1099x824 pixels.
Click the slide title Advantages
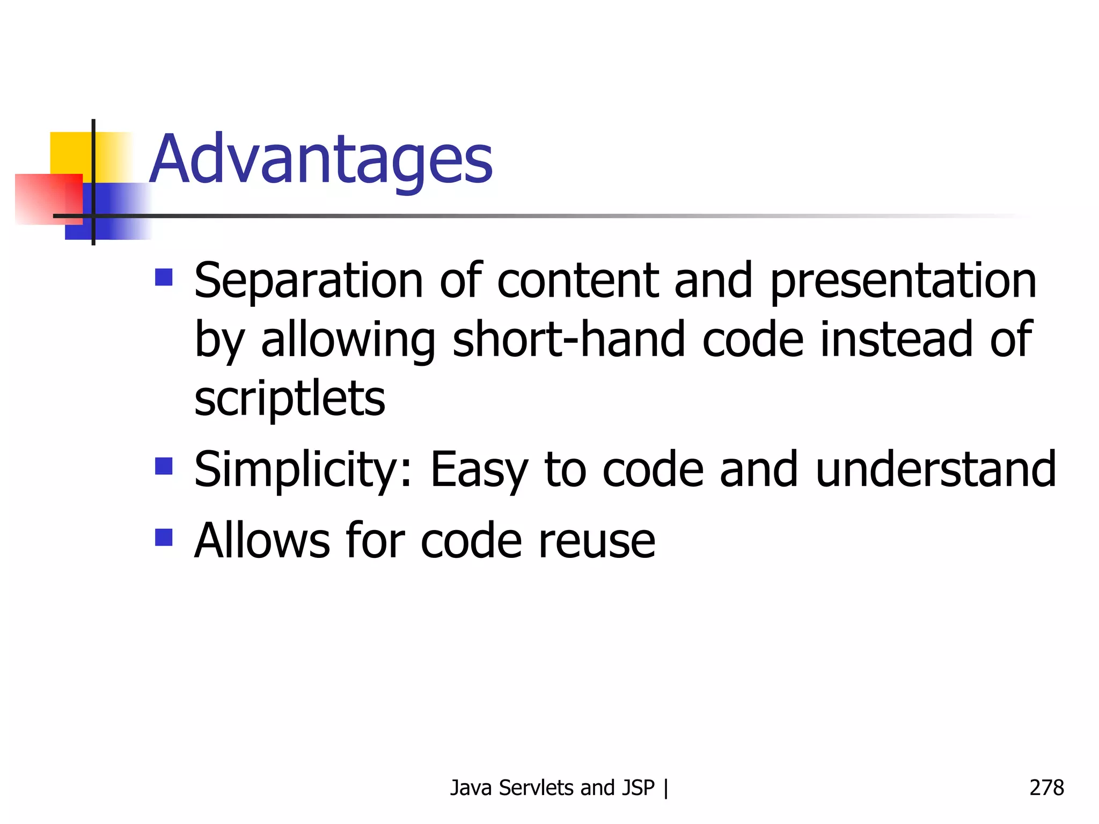click(x=321, y=160)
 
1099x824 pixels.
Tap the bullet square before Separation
click(x=164, y=277)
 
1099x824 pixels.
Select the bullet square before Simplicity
click(x=164, y=466)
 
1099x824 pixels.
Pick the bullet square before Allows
click(x=164, y=537)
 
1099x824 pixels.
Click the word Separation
click(x=309, y=281)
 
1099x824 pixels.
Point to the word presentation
click(x=904, y=281)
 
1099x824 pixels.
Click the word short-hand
click(x=569, y=339)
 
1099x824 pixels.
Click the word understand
click(x=936, y=470)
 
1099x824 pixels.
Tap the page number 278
click(x=1046, y=788)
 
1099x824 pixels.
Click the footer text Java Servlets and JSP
click(x=553, y=788)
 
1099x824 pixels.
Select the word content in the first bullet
click(x=577, y=281)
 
